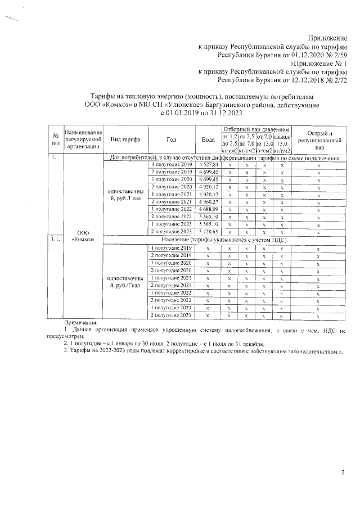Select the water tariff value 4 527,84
(x=208, y=164)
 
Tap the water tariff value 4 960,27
(x=208, y=201)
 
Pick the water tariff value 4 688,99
(x=208, y=209)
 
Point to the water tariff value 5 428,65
(x=208, y=231)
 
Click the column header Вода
(x=208, y=139)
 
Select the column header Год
(x=172, y=139)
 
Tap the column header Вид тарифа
(x=126, y=139)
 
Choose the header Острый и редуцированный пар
(x=319, y=139)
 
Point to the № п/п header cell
(x=55, y=139)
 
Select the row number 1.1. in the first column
(x=55, y=239)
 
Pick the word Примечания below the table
(x=81, y=322)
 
